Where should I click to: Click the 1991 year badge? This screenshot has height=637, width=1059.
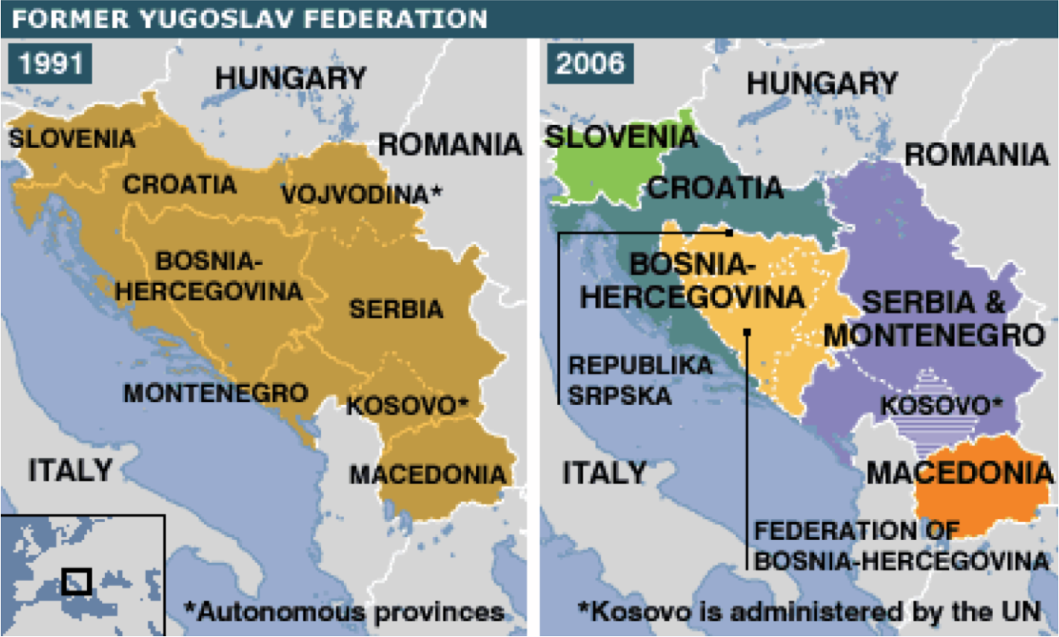click(x=50, y=64)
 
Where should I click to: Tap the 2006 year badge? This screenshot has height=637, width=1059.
click(x=589, y=64)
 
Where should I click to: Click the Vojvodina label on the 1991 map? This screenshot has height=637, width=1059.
click(x=361, y=194)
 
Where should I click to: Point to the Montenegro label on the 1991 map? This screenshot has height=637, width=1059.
click(x=216, y=393)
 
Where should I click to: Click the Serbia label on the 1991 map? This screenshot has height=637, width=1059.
click(x=396, y=309)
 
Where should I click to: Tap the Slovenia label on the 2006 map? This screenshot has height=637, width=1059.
click(x=620, y=136)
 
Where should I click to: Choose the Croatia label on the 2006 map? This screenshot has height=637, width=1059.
click(x=715, y=188)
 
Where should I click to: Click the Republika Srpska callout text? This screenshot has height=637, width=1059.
click(x=639, y=380)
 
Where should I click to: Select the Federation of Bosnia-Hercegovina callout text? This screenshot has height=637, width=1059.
click(x=901, y=546)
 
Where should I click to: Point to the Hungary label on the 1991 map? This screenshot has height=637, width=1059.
click(x=290, y=78)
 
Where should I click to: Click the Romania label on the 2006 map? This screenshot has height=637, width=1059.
click(x=976, y=154)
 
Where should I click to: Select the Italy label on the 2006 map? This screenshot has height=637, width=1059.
click(x=604, y=473)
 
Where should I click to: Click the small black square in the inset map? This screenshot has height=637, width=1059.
click(x=76, y=581)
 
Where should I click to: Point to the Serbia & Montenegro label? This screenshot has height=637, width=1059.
click(x=933, y=318)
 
